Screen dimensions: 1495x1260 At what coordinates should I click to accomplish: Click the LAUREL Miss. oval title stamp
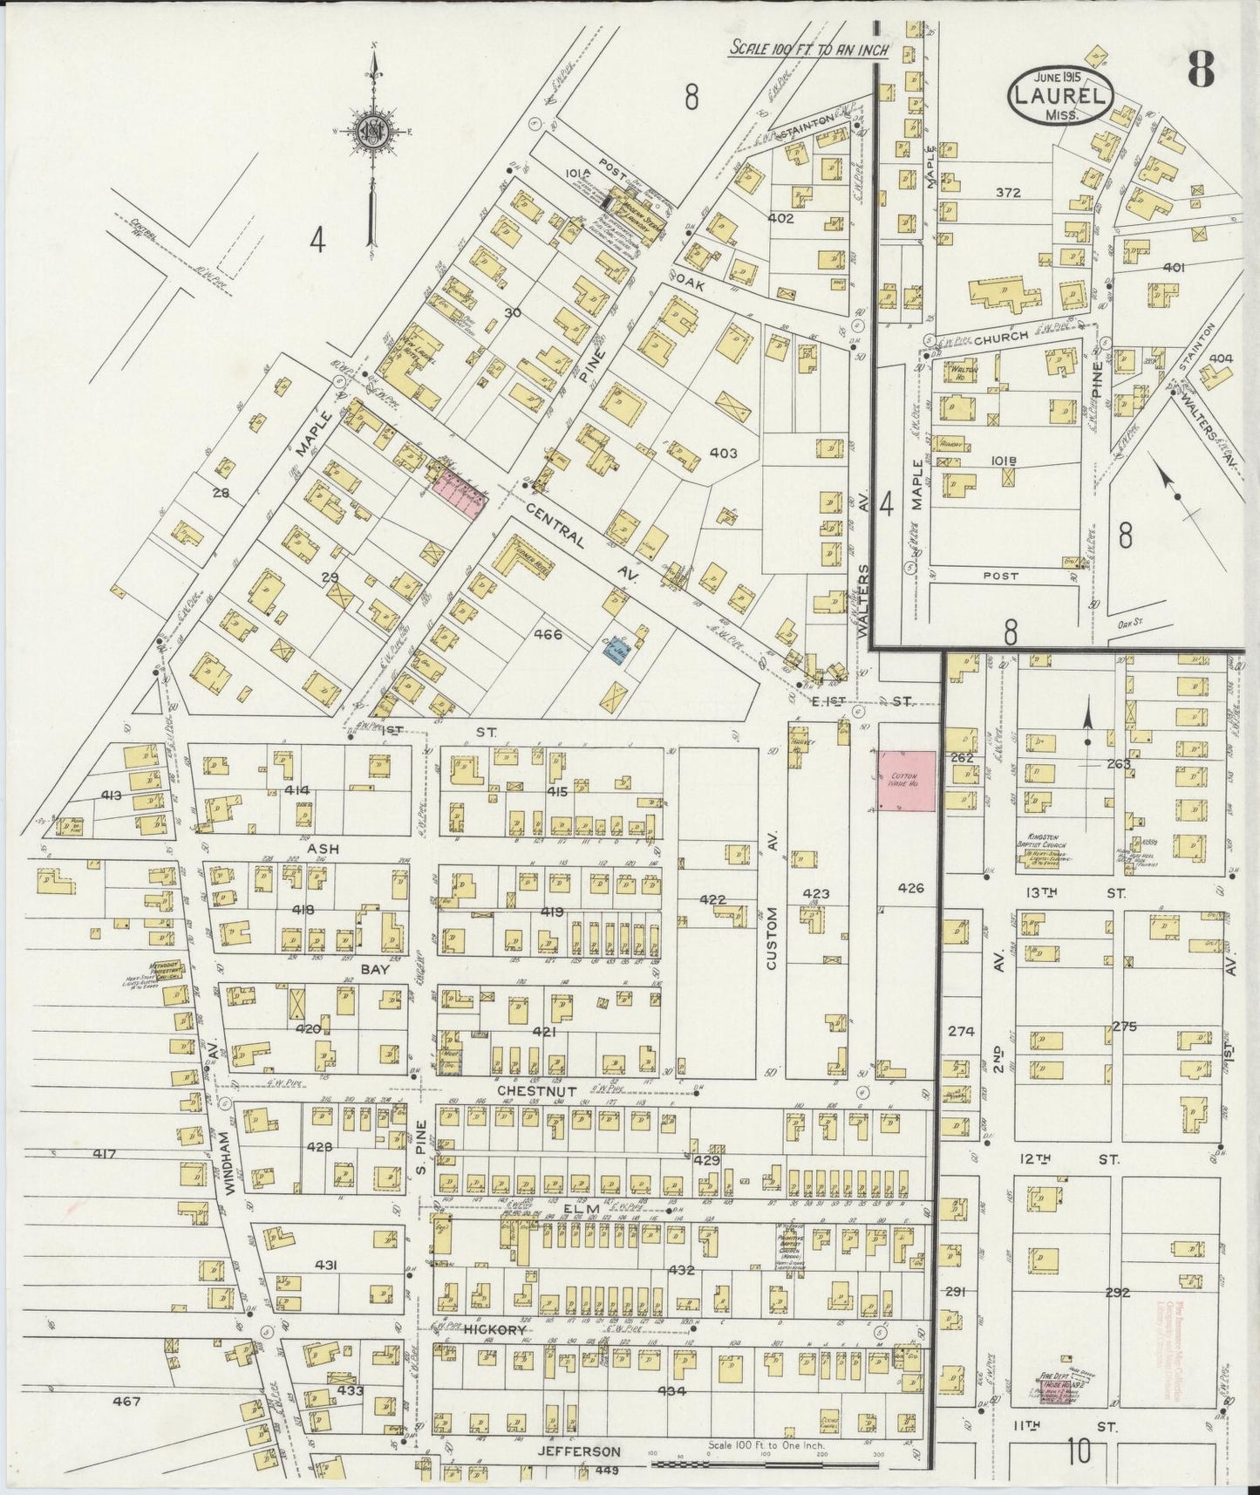click(x=1059, y=95)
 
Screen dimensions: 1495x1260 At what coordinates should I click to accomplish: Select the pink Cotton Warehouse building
click(x=906, y=781)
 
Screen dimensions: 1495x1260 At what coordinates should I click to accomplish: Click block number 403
click(x=723, y=453)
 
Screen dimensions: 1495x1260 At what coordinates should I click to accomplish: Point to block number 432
click(x=681, y=1270)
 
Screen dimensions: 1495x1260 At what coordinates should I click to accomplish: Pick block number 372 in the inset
click(x=1008, y=193)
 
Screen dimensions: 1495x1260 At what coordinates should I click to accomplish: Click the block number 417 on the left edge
click(x=104, y=1154)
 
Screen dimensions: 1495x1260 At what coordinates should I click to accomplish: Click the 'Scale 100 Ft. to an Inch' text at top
click(x=808, y=49)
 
